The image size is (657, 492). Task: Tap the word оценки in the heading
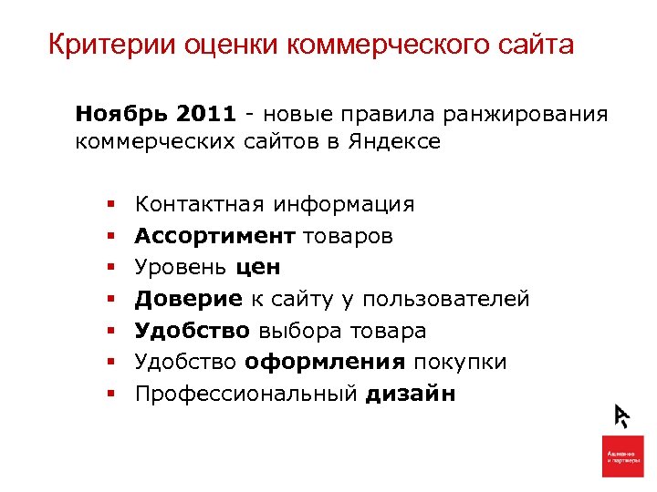click(212, 45)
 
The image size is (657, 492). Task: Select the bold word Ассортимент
click(214, 236)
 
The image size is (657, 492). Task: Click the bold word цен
click(258, 268)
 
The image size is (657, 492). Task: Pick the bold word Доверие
click(188, 299)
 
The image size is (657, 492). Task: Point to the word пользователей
click(446, 299)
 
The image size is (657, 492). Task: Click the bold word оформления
click(325, 362)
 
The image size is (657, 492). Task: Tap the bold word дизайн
click(411, 394)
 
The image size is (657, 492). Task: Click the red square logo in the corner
click(623, 456)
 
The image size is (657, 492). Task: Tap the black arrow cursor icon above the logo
click(623, 415)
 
